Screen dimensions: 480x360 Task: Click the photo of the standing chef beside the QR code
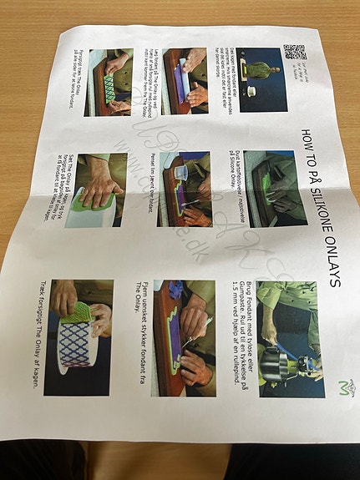261,80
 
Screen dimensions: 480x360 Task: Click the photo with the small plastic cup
185,188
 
